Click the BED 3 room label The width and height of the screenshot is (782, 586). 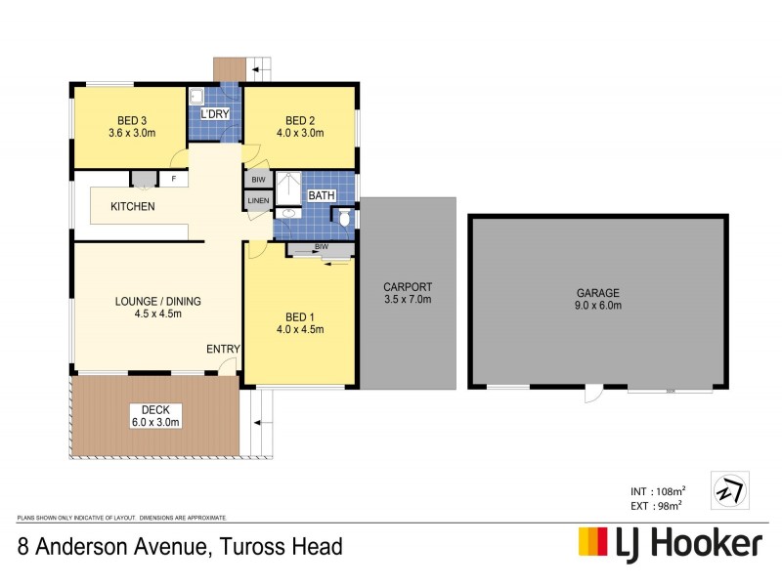click(129, 119)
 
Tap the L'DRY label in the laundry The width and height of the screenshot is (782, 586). click(214, 114)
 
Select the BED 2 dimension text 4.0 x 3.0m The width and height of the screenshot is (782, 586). click(299, 134)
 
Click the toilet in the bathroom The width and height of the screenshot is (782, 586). click(346, 220)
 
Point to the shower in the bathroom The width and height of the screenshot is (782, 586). click(289, 188)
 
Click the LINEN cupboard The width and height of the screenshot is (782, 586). click(258, 200)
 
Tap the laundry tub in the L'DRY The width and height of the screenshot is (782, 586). click(195, 96)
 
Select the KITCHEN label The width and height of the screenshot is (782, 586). click(132, 207)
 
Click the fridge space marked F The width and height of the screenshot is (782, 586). click(174, 179)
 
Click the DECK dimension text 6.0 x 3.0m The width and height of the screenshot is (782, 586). click(154, 422)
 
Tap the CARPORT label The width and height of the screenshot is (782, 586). click(408, 287)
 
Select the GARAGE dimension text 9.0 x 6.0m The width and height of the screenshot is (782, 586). click(598, 306)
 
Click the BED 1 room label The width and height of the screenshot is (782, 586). click(299, 316)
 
